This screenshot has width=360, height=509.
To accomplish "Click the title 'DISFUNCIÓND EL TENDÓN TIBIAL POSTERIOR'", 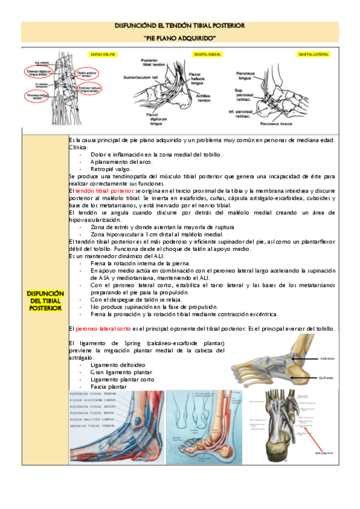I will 180,27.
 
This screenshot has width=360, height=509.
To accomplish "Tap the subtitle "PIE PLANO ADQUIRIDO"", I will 180,38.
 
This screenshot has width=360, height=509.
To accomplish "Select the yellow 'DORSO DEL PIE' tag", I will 103,54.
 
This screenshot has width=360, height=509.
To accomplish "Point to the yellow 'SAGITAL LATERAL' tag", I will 313,55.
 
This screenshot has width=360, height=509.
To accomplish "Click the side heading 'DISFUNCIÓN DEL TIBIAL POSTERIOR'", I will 45,300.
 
